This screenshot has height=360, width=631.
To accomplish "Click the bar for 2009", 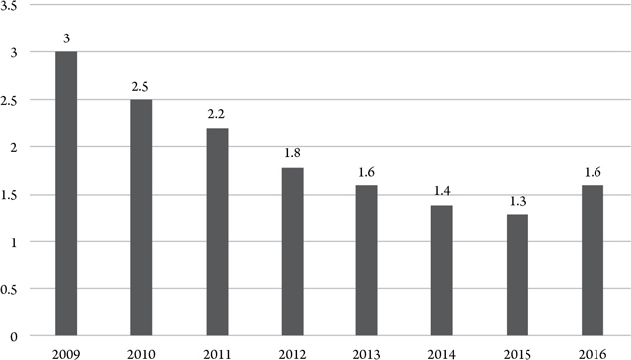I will coord(66,193).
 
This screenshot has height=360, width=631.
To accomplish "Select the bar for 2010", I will coord(141,217).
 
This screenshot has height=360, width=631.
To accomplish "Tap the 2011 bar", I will coord(217,232).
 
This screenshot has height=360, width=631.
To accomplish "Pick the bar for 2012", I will coord(292,252).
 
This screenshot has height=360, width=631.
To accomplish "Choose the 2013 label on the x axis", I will coord(367,351).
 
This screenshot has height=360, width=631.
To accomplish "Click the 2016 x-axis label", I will coord(592,351).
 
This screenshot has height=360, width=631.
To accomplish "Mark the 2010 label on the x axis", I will coord(141,351).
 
